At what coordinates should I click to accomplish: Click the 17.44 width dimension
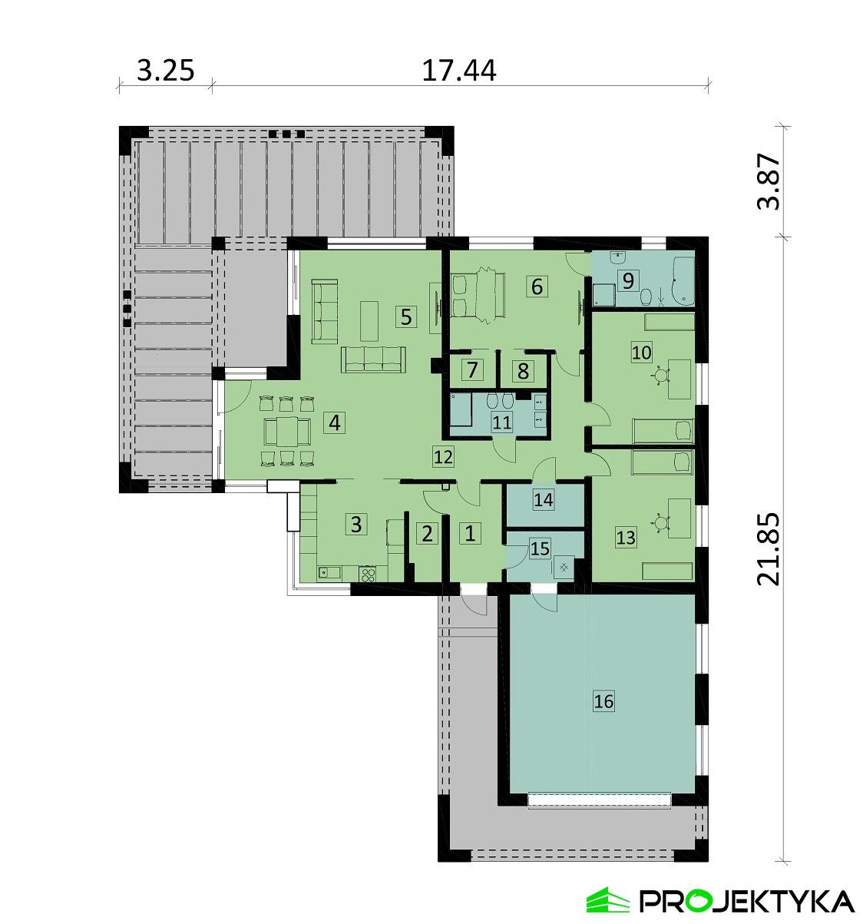459,70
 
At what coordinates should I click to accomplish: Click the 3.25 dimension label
164,70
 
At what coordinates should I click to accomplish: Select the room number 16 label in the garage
604,700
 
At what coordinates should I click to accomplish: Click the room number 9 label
628,280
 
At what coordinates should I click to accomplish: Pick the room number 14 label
544,499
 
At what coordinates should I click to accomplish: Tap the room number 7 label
472,370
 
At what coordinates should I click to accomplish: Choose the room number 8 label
524,371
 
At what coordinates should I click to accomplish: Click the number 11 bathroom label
502,422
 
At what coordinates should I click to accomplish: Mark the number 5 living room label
405,316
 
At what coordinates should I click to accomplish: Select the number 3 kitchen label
355,525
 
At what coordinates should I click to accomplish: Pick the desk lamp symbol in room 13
660,524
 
